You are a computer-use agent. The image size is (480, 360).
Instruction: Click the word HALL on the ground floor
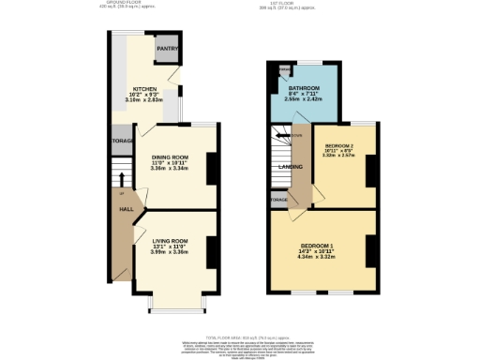[124, 209]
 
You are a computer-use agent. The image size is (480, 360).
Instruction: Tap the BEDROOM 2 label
[339, 147]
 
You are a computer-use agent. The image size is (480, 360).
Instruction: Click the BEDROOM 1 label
[322, 246]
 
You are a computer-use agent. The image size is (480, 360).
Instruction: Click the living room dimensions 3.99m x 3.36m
[171, 252]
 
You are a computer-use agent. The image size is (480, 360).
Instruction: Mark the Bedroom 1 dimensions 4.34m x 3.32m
[322, 257]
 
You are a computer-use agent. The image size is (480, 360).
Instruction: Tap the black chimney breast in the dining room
[212, 169]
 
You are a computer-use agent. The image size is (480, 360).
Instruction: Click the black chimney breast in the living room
[212, 250]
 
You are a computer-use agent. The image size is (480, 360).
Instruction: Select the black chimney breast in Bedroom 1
[371, 249]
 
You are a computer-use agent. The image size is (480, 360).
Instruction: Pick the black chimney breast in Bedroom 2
[371, 169]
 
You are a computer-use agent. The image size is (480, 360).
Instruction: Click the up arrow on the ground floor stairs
[122, 177]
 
